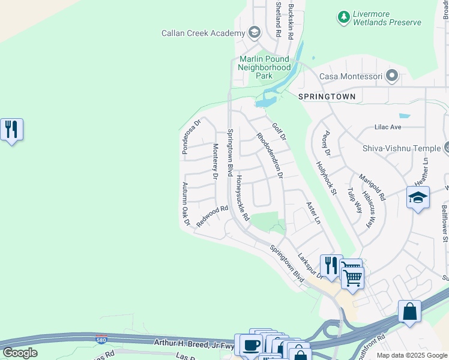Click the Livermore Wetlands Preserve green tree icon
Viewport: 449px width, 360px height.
(x=344, y=17)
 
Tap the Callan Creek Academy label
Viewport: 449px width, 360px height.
(x=203, y=33)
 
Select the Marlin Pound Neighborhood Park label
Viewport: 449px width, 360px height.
(x=264, y=68)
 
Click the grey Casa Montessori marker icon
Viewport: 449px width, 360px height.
(x=393, y=76)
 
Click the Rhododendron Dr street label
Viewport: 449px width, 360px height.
(x=270, y=155)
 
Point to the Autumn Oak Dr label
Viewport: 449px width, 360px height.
(x=185, y=204)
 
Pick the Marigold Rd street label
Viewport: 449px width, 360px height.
(x=372, y=187)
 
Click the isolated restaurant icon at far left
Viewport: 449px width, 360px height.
(x=11, y=130)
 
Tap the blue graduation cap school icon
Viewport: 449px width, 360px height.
(x=418, y=197)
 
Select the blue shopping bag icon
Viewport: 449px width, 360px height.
(x=409, y=311)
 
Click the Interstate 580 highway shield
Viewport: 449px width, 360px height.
(x=101, y=339)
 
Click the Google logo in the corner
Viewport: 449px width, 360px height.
(x=20, y=352)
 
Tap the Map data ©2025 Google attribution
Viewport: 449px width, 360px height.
(x=412, y=355)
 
